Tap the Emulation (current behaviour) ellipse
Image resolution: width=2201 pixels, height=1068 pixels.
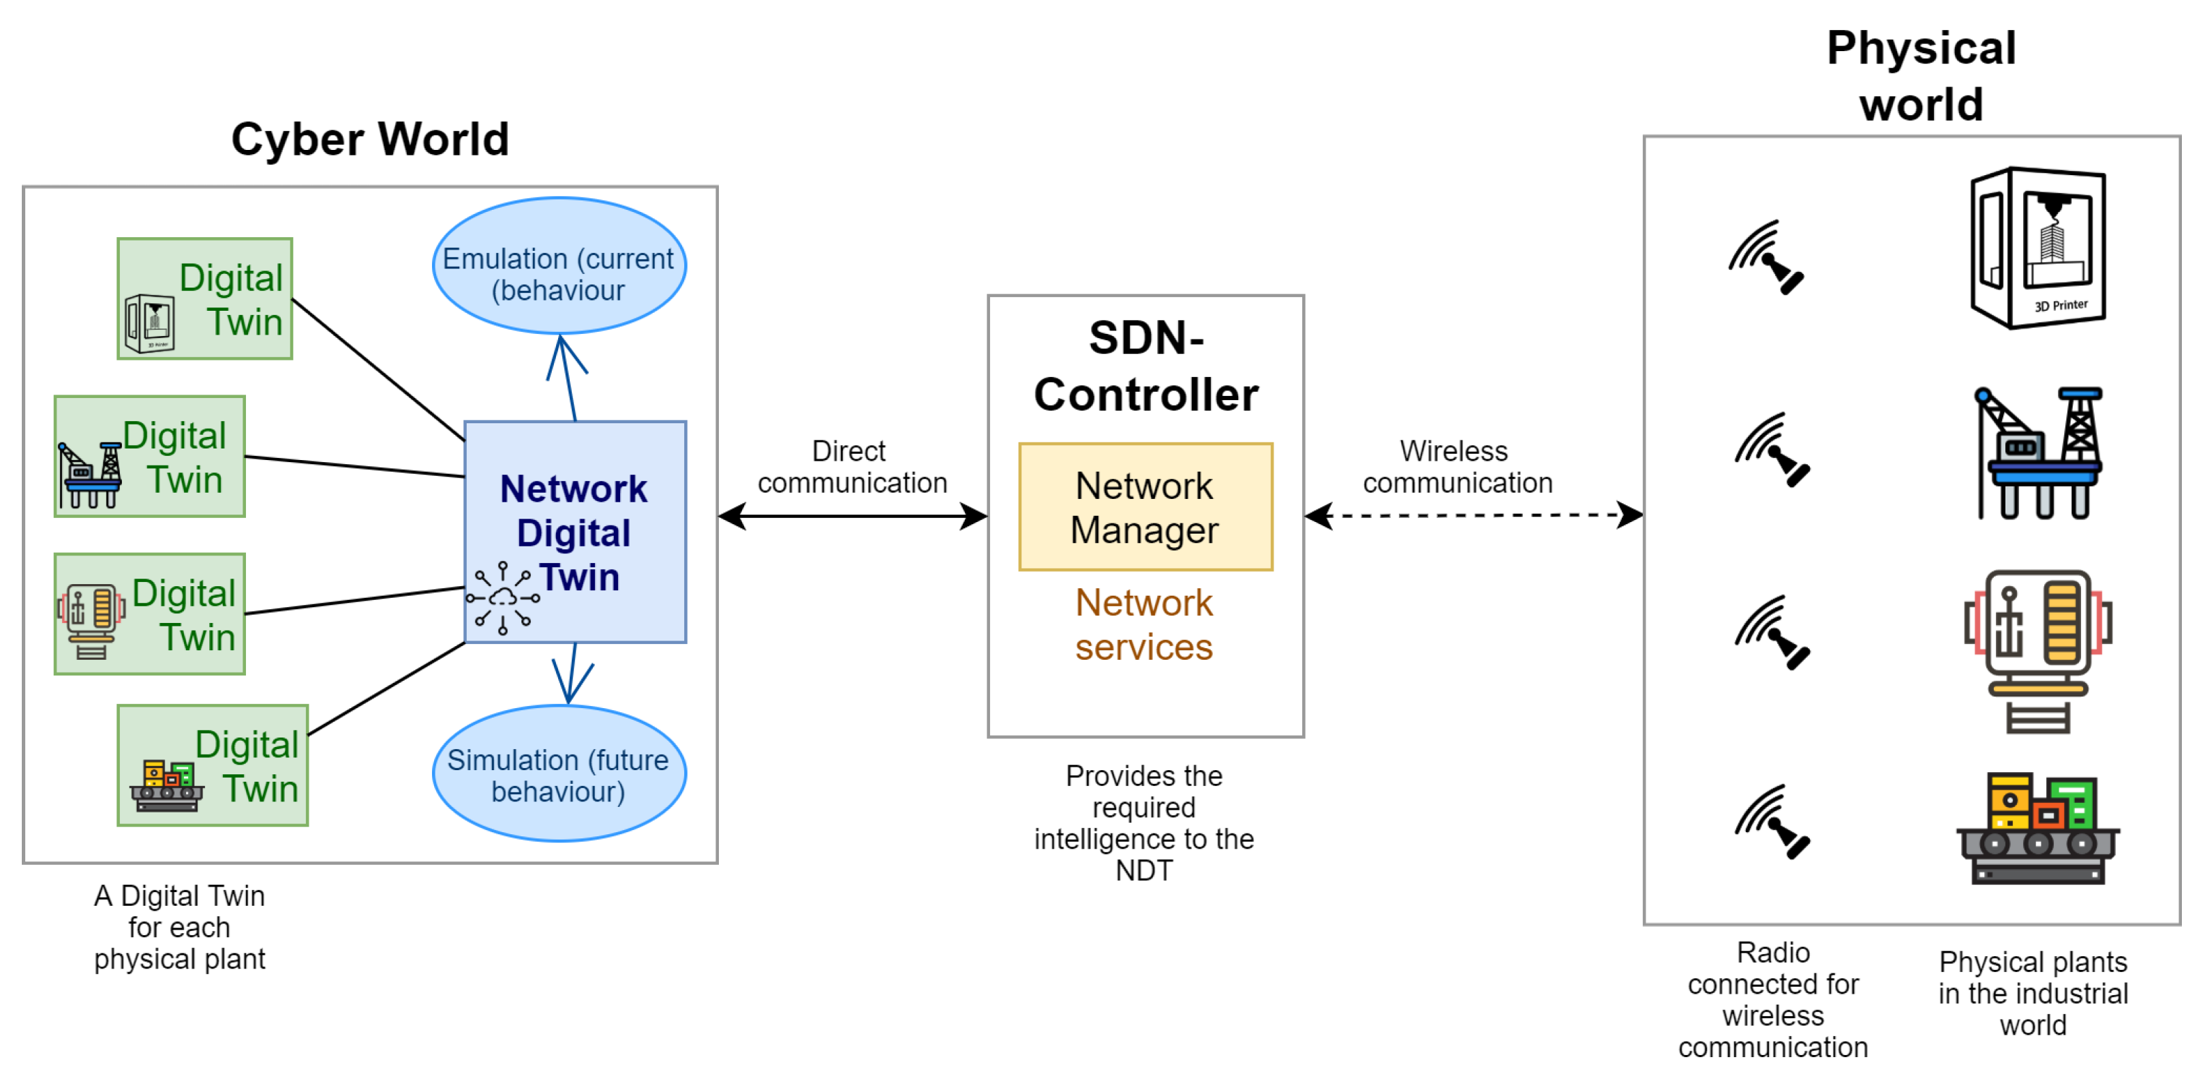(559, 266)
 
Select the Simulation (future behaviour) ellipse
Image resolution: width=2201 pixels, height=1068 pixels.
(559, 774)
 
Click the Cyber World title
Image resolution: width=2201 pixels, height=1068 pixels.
(370, 139)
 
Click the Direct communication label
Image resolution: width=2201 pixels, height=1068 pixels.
(852, 466)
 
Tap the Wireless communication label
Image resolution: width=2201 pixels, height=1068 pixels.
(1457, 466)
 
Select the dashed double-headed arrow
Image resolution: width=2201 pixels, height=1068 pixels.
(1473, 515)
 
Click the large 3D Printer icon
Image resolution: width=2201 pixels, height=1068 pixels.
(2038, 248)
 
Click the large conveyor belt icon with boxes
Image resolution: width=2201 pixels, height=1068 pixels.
(2038, 829)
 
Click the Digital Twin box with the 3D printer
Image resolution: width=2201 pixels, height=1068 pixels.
(205, 299)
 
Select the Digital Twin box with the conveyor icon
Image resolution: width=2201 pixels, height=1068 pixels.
(213, 765)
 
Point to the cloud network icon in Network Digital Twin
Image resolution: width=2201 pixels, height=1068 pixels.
(502, 598)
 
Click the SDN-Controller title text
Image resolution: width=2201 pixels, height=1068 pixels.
(1145, 366)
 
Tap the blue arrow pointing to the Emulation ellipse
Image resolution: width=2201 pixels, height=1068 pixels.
(568, 376)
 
